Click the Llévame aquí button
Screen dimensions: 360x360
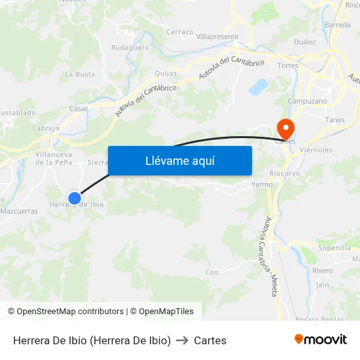coord(179,160)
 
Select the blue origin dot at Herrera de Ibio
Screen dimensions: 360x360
coord(75,198)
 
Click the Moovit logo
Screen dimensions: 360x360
coord(321,339)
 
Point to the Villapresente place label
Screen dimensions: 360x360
coord(217,37)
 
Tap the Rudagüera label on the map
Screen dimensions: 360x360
coord(130,48)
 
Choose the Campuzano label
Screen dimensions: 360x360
coord(308,101)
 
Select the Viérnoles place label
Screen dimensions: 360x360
coord(315,150)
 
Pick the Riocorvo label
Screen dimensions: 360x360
coord(285,173)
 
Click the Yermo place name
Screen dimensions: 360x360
coord(262,185)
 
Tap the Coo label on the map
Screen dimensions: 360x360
coord(211,272)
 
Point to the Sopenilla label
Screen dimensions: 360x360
coord(334,248)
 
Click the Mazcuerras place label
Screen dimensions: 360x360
coord(19,211)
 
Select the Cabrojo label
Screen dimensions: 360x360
coord(46,128)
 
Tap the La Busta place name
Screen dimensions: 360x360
coord(80,75)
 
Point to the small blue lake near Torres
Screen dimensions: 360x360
coord(259,86)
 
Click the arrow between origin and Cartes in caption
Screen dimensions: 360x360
coord(183,340)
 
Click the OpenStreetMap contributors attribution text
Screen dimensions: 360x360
coord(70,312)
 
